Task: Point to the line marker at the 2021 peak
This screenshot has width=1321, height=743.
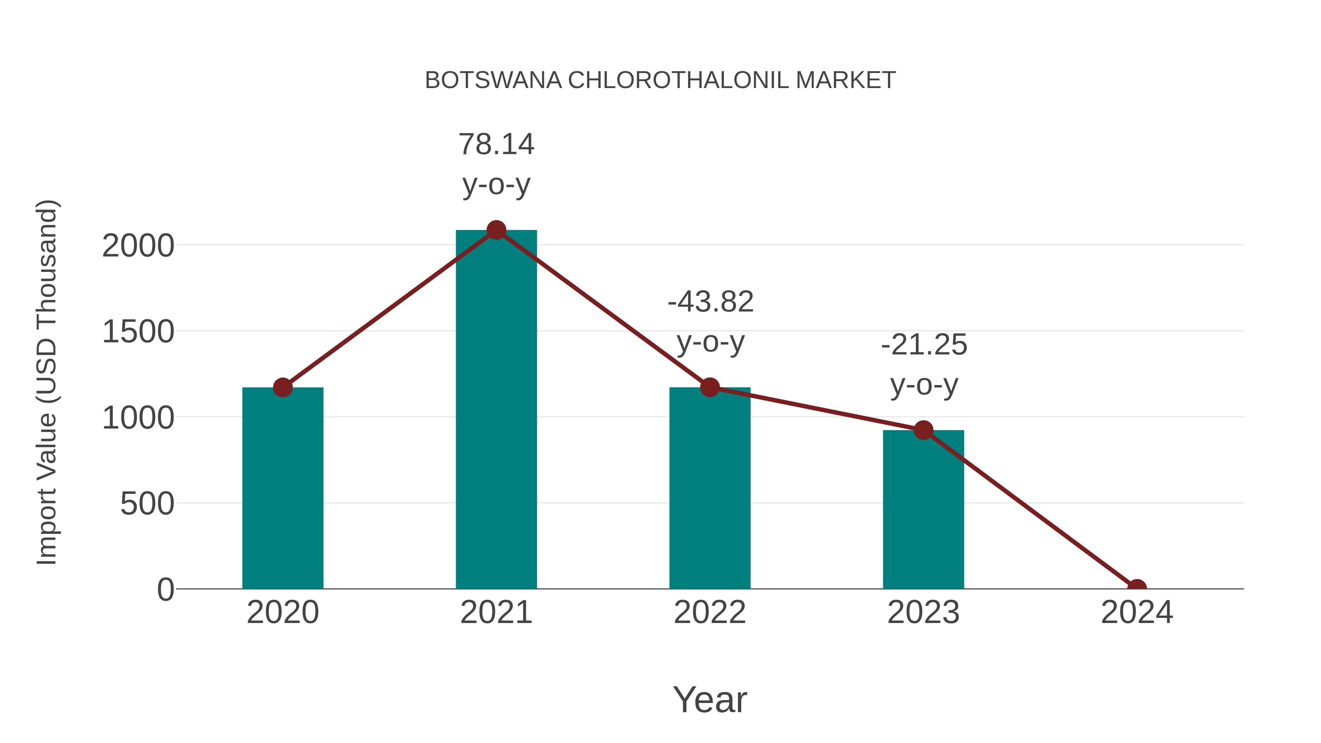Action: click(x=496, y=230)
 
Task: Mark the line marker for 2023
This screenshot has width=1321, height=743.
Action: click(x=923, y=430)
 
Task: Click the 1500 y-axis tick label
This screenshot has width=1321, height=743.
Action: click(x=138, y=332)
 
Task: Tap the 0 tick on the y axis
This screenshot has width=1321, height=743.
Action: click(x=165, y=589)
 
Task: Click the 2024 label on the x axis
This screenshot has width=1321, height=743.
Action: click(x=1136, y=612)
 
